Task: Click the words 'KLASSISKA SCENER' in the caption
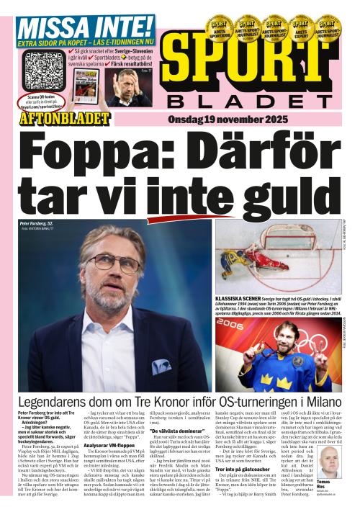tap(239, 297)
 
